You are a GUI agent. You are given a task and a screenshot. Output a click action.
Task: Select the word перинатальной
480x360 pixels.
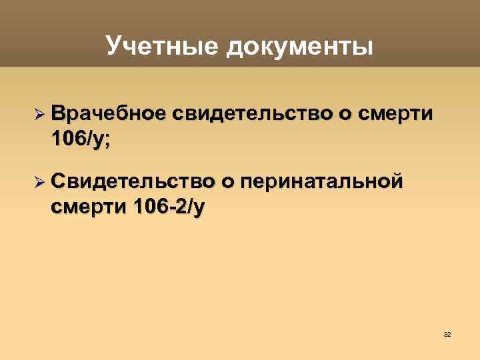pos(324,182)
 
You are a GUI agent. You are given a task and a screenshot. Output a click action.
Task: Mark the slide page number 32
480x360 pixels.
pos(447,333)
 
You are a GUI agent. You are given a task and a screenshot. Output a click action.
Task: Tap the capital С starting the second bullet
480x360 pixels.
pos(57,182)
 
